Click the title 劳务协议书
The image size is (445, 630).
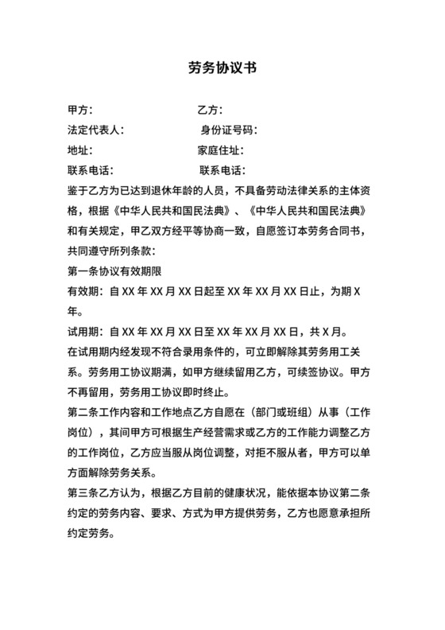pos(222,68)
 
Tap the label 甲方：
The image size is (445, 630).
pos(81,110)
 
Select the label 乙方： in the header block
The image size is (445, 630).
pos(210,110)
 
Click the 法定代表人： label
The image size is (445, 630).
pos(96,130)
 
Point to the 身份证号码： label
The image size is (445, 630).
pos(228,130)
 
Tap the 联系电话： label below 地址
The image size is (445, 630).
pos(91,170)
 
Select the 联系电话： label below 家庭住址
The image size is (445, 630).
pos(222,170)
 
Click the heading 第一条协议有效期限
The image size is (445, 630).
pos(115,270)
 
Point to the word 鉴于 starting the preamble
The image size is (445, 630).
pos(78,190)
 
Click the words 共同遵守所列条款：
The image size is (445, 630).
pos(115,250)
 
